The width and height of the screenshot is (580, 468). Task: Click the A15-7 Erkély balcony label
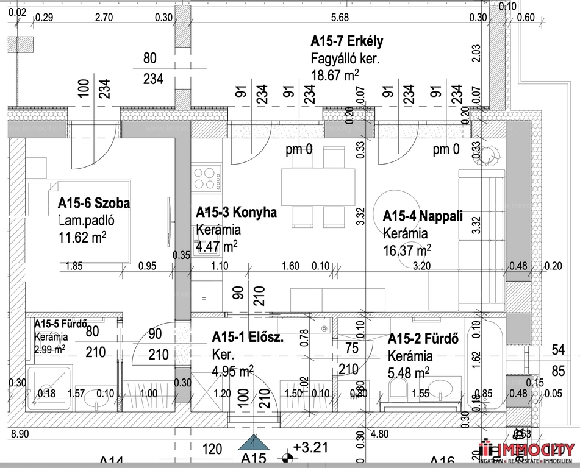346,42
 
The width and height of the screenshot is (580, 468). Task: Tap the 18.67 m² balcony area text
334,75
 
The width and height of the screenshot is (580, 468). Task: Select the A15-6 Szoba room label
94,203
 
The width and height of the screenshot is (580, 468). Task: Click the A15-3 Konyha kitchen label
236,213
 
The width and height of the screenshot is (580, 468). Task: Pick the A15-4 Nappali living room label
423,216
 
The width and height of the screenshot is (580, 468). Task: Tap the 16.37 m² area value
407,249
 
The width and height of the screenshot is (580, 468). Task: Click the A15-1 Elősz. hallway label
248,337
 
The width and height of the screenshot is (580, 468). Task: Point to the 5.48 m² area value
408,371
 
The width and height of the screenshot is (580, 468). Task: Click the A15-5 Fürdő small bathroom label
61,324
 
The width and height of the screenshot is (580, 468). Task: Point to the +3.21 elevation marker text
310,448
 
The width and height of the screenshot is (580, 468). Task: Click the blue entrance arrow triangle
253,444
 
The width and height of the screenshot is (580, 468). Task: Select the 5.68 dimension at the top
339,18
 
